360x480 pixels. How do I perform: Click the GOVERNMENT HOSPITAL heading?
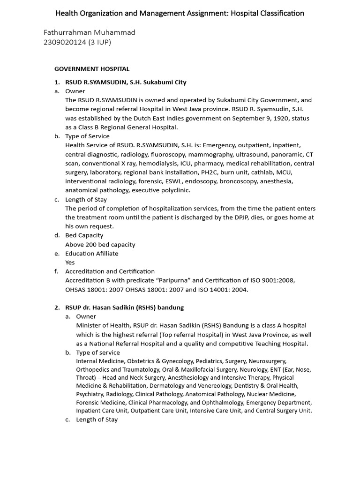click(92, 69)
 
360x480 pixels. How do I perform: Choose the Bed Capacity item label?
click(84, 235)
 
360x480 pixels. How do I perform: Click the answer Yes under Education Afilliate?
click(70, 262)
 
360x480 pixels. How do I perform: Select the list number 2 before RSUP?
click(56, 307)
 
